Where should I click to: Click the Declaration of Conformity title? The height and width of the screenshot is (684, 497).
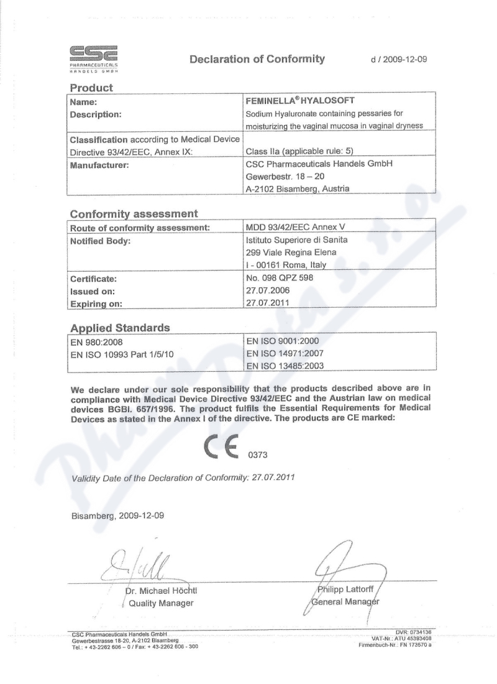tap(257, 59)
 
